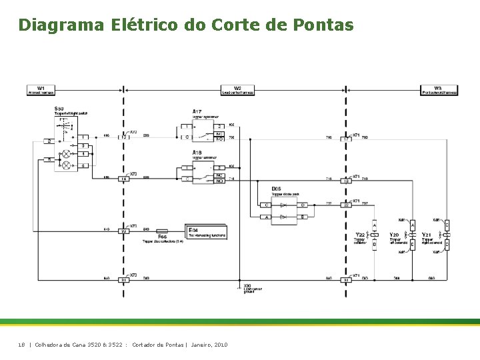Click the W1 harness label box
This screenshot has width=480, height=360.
click(x=41, y=90)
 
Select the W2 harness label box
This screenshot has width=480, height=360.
click(x=237, y=90)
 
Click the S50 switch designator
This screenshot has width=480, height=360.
click(x=59, y=109)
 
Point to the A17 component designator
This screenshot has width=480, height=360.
click(x=197, y=111)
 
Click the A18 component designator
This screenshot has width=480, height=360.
click(x=197, y=153)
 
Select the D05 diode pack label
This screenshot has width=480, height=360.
click(x=276, y=189)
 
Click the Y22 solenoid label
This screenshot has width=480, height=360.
click(x=360, y=235)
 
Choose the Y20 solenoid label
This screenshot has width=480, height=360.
click(x=394, y=235)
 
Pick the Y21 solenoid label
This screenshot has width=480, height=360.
click(x=427, y=235)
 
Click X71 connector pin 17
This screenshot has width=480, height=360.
click(x=346, y=139)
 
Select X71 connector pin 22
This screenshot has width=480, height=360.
click(x=346, y=205)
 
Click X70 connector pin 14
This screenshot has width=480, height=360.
click(x=123, y=179)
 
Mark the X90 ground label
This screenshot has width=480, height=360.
click(x=247, y=285)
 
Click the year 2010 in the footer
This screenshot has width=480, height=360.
click(x=219, y=345)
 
